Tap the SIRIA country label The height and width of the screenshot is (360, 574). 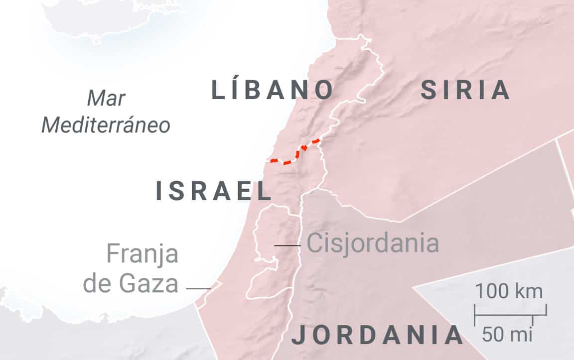coord(465,91)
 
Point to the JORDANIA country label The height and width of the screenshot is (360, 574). coord(377,335)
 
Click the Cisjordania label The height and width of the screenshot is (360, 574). coord(373,244)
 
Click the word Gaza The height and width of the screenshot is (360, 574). coord(148,284)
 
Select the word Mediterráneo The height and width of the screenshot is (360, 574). coord(106,125)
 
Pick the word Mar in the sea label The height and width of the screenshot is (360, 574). coord(106,99)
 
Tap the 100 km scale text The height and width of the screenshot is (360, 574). coord(508,291)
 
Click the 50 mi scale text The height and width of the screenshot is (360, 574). coord(507,335)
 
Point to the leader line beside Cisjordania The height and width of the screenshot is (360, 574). coord(287,245)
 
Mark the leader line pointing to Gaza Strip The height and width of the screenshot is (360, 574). coord(198,288)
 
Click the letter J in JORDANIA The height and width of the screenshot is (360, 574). coord(298,335)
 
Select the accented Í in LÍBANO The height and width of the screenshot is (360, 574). coord(238,90)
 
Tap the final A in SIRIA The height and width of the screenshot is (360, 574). coord(501,91)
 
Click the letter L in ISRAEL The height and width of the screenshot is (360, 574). coord(262,192)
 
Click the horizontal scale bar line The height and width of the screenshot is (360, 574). coord(510,314)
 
